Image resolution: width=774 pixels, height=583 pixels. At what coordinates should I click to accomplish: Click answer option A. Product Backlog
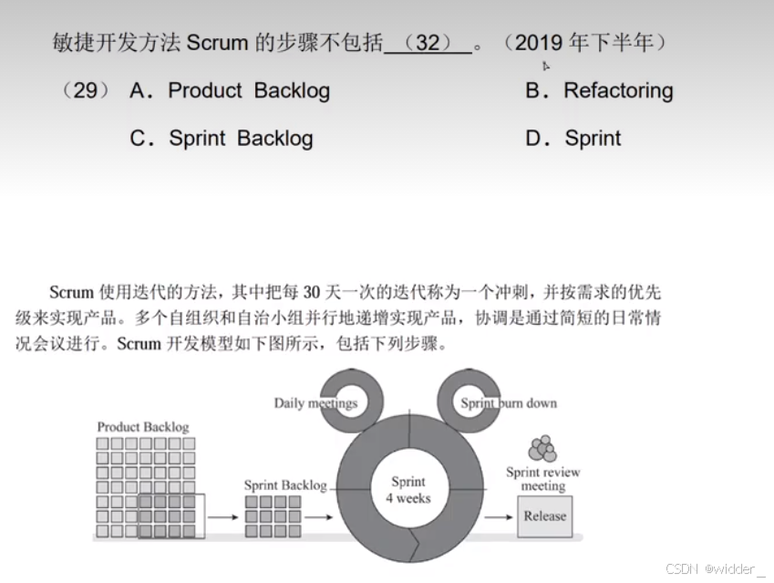point(230,90)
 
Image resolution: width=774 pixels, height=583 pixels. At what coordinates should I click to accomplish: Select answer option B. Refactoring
point(599,90)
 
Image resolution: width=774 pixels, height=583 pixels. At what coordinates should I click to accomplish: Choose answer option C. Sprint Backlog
point(222,139)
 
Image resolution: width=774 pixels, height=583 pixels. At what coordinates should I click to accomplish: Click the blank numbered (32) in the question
point(428,43)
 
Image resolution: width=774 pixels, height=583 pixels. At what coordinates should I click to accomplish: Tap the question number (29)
point(85,90)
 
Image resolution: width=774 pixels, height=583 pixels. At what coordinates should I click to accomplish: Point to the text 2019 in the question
point(539,42)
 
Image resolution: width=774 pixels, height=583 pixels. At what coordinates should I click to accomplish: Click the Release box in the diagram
point(544,516)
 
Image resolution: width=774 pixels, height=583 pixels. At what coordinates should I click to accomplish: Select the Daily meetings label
point(315,403)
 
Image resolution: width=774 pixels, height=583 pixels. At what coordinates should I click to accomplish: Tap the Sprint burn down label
point(509,403)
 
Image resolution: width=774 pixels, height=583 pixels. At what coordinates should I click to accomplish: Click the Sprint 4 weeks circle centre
point(408,490)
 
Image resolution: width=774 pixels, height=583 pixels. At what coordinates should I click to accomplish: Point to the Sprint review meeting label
point(542,479)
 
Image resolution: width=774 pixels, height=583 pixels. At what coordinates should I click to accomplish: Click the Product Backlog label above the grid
point(143,427)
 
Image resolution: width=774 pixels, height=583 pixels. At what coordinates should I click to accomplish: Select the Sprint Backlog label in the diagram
point(284,484)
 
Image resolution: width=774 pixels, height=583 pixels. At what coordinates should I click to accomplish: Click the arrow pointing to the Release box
point(499,517)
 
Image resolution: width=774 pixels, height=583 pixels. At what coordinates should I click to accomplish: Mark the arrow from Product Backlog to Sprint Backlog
point(223,517)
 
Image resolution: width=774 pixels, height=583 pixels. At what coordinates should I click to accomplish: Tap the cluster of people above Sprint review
point(542,450)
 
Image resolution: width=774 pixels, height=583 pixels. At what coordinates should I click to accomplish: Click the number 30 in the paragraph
point(311,293)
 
